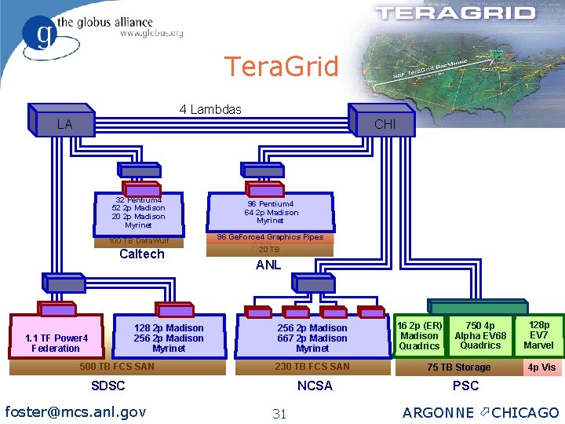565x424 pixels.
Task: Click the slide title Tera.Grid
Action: pos(281,66)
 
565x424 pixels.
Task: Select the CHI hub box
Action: pos(384,124)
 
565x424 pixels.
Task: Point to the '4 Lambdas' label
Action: pos(210,109)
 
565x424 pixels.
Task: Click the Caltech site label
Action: pos(141,254)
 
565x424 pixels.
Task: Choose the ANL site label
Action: pos(268,265)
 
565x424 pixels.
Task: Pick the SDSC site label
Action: pos(108,386)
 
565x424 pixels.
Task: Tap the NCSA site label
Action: pos(315,386)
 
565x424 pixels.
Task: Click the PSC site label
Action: pos(465,386)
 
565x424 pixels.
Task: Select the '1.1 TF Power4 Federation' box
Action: pos(56,343)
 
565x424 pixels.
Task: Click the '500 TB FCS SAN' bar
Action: pos(118,367)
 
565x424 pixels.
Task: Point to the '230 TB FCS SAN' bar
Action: pos(312,367)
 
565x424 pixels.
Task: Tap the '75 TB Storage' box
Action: pos(458,367)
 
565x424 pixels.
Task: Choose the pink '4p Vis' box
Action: pos(541,367)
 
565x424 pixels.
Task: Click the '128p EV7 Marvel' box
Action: pos(538,335)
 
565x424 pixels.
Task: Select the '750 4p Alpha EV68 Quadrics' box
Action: pos(480,335)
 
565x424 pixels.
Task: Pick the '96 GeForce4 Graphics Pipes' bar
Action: pos(270,237)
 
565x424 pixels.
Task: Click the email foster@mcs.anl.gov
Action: pos(75,411)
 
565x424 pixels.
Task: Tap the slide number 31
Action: pos(279,414)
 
